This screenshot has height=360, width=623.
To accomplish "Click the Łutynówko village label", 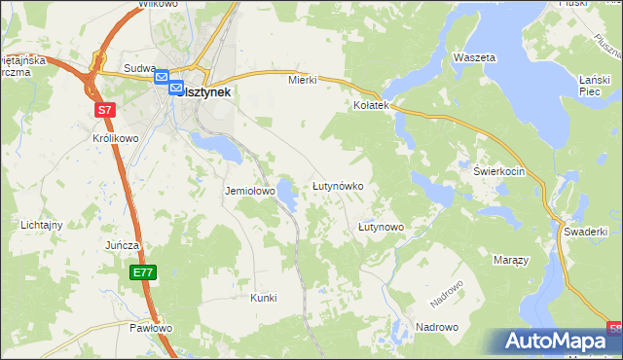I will pyautogui.click(x=337, y=185).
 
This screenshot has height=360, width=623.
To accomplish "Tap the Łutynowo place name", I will pyautogui.click(x=381, y=227).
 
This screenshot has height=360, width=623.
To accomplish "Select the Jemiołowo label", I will pyautogui.click(x=250, y=192).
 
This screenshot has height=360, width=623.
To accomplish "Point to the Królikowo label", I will pyautogui.click(x=115, y=139).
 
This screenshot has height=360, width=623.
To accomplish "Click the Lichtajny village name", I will pyautogui.click(x=42, y=225).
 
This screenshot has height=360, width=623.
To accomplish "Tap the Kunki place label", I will pyautogui.click(x=263, y=298).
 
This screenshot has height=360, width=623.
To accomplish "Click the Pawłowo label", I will pyautogui.click(x=151, y=328).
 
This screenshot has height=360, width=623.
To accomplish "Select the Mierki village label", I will pyautogui.click(x=303, y=80).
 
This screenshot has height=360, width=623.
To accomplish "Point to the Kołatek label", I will pyautogui.click(x=371, y=104).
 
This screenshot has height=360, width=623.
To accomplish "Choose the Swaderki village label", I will pyautogui.click(x=585, y=232).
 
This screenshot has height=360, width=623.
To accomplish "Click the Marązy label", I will pyautogui.click(x=510, y=261).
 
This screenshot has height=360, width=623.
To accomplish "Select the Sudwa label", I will pyautogui.click(x=140, y=68).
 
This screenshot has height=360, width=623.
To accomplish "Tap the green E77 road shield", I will pyautogui.click(x=143, y=273).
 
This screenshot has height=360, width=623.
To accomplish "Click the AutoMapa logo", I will pyautogui.click(x=556, y=342).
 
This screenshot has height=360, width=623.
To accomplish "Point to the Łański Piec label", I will pyautogui.click(x=593, y=86).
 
